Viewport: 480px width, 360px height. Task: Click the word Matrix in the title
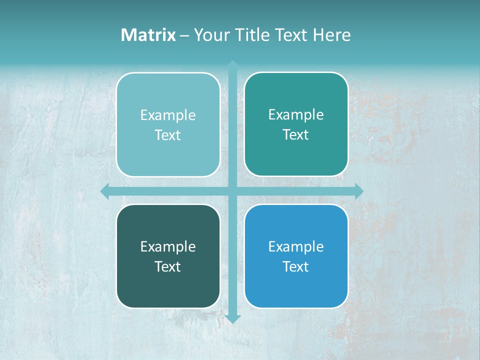point(148,35)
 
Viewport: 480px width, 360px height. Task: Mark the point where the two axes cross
point(232,191)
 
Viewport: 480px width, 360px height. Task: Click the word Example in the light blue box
point(168,115)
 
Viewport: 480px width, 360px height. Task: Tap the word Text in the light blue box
point(168,135)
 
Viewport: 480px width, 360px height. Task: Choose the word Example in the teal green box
point(296,115)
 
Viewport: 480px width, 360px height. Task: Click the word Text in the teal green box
point(296,134)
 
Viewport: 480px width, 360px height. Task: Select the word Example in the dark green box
point(168,247)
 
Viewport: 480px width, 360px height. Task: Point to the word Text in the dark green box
point(168,266)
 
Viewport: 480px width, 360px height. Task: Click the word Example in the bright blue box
point(296,247)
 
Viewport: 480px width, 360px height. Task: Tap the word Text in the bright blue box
point(296,266)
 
